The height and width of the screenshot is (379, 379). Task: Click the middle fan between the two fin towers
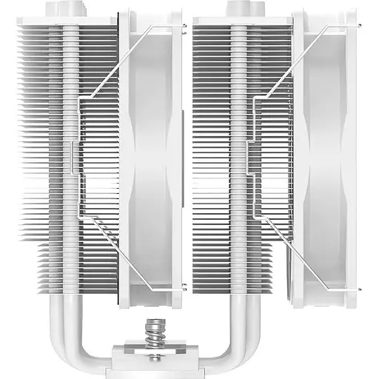coord(151,155)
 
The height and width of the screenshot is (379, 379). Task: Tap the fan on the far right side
coord(326,155)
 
